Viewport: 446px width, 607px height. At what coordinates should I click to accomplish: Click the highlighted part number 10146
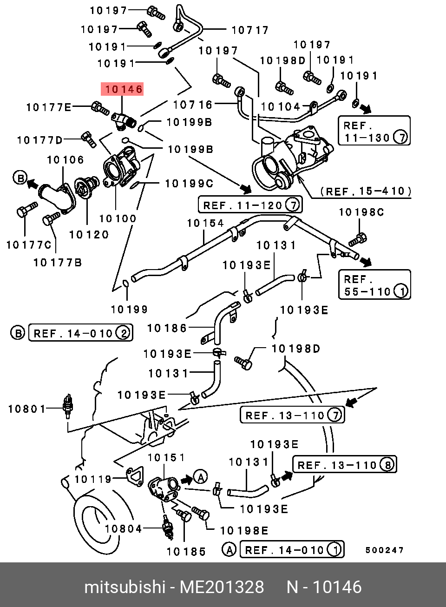(x=123, y=89)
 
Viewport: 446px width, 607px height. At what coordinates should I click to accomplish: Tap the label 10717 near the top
(x=250, y=30)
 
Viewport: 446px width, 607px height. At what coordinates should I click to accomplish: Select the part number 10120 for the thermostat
(x=89, y=235)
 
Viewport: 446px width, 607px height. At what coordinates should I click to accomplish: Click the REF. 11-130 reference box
(x=374, y=131)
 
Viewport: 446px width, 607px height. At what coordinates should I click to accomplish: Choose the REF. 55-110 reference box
(x=374, y=285)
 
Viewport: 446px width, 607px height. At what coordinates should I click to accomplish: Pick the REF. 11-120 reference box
(x=250, y=205)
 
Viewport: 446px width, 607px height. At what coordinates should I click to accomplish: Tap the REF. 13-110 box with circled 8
(x=344, y=465)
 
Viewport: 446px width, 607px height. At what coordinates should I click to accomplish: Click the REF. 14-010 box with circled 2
(x=80, y=333)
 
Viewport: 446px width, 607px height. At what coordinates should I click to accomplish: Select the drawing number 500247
(x=384, y=550)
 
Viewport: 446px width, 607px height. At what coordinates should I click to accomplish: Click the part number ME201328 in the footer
(x=222, y=587)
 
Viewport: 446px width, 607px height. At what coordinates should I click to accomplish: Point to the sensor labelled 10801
(x=68, y=405)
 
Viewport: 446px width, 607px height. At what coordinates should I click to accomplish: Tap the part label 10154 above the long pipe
(x=205, y=223)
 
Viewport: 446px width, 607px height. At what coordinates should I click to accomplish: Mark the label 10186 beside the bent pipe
(x=167, y=328)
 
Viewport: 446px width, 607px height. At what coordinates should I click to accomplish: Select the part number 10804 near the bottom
(x=123, y=528)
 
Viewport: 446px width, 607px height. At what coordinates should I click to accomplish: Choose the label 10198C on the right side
(x=361, y=212)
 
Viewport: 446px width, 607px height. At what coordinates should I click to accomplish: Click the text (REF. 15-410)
(x=366, y=191)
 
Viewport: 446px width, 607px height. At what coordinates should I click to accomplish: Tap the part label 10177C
(x=28, y=244)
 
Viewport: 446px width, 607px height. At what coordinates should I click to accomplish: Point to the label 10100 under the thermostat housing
(x=118, y=218)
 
